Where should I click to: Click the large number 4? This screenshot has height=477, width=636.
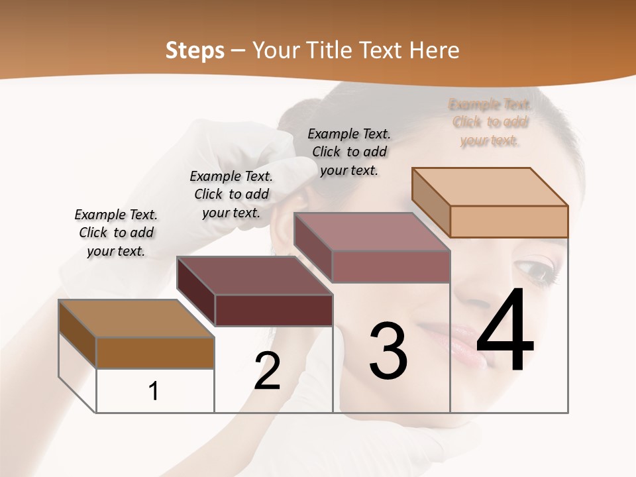(x=505, y=331)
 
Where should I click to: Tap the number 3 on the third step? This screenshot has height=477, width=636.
(x=388, y=351)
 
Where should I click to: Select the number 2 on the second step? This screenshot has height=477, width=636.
(x=268, y=371)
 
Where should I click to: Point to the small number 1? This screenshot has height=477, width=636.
(x=154, y=392)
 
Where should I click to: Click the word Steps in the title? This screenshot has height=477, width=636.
(x=195, y=50)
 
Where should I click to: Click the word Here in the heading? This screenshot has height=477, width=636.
(x=435, y=50)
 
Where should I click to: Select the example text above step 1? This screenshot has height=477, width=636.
(x=116, y=233)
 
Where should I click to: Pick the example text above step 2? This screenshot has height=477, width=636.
(x=231, y=194)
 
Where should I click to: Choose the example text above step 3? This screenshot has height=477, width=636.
(x=348, y=152)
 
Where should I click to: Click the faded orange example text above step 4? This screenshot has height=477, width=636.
(x=490, y=122)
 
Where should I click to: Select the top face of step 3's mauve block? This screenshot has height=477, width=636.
(x=372, y=231)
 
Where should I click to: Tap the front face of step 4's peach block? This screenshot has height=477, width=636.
(x=509, y=221)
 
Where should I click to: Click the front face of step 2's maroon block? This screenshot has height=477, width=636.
(x=274, y=310)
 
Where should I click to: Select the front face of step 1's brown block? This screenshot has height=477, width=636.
(x=155, y=352)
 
